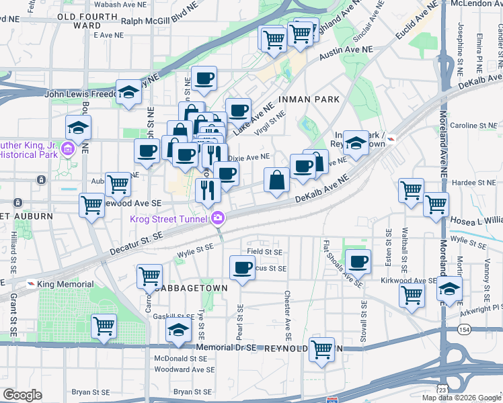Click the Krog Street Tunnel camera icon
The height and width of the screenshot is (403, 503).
coord(218,218)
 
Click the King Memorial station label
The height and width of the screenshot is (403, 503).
coord(54,285)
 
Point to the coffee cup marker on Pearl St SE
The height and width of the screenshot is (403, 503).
coord(242,268)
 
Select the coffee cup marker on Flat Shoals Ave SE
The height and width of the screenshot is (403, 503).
coord(358,261)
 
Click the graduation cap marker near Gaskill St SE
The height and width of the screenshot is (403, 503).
coord(178,331)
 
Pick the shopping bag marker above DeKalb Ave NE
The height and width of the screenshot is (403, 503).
coord(277,180)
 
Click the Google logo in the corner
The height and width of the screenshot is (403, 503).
coord(22,395)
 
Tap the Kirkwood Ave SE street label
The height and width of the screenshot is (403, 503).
coord(409,281)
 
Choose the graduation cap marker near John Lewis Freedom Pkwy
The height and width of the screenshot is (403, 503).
coord(128,93)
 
